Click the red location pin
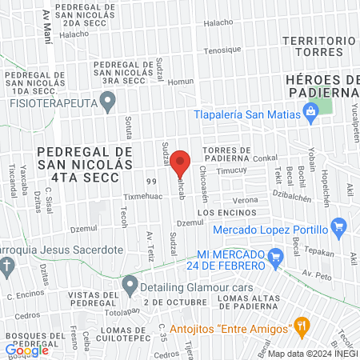coord(181,162)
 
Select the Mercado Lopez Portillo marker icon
coord(338,226)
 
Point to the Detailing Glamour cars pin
coord(130,283)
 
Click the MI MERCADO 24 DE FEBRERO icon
coord(277,258)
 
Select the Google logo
coord(27,350)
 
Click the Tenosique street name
coord(222,50)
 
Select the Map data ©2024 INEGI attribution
coord(312,353)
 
